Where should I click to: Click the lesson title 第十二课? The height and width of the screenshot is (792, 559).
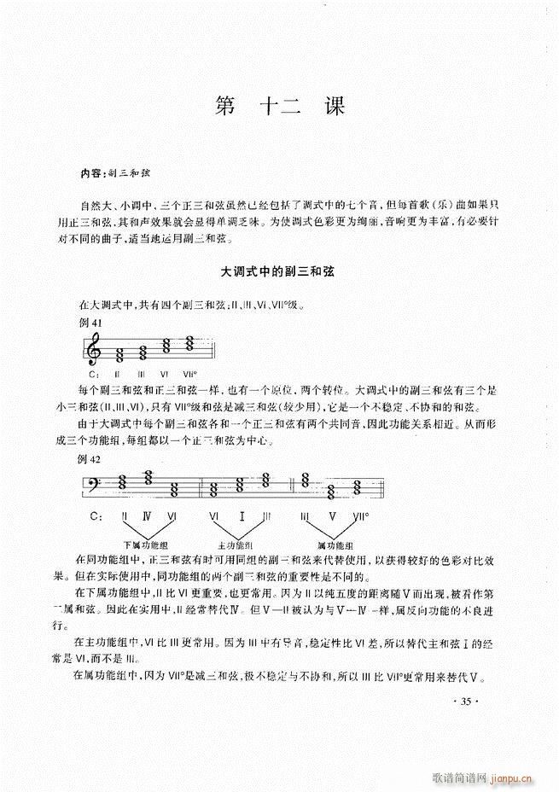280,108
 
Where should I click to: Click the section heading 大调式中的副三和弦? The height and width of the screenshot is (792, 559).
279,272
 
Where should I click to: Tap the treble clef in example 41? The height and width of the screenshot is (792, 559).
96,350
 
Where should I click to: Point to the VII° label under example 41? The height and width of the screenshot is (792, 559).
189,374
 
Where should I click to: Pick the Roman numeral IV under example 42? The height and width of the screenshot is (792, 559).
148,517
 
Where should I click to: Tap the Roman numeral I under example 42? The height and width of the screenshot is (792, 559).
242,517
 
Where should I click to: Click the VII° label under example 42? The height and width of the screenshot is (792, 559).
361,517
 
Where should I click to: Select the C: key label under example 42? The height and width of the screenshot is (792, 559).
96,517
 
